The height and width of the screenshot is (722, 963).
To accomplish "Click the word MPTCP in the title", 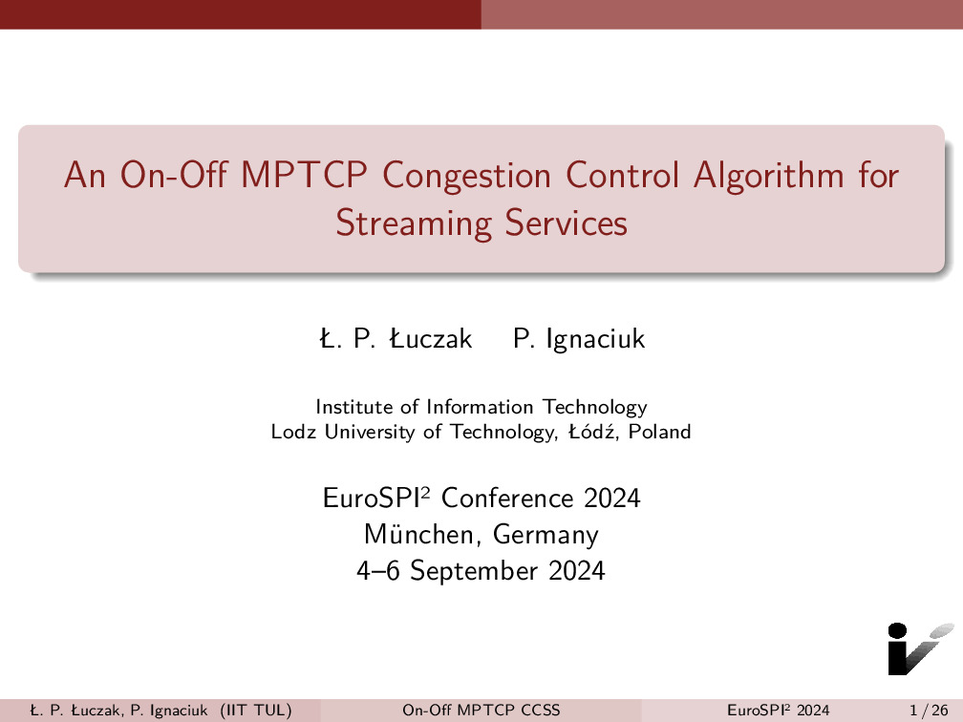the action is [x=304, y=175].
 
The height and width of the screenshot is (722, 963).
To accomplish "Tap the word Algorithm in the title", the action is [x=769, y=177].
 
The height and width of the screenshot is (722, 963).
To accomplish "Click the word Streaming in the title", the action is [x=414, y=224].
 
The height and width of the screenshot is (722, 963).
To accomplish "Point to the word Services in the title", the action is [x=567, y=223].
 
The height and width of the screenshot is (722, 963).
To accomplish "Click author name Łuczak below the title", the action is [x=431, y=339].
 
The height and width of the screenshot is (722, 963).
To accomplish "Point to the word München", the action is [x=418, y=534].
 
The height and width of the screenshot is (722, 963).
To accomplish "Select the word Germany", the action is [x=546, y=536].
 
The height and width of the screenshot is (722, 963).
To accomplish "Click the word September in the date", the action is [x=476, y=571].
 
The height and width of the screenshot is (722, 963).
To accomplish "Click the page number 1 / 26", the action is [x=929, y=711].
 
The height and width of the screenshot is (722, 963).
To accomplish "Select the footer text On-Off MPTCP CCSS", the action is [x=481, y=711].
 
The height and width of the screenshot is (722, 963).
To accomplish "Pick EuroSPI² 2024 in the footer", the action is [x=778, y=711].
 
